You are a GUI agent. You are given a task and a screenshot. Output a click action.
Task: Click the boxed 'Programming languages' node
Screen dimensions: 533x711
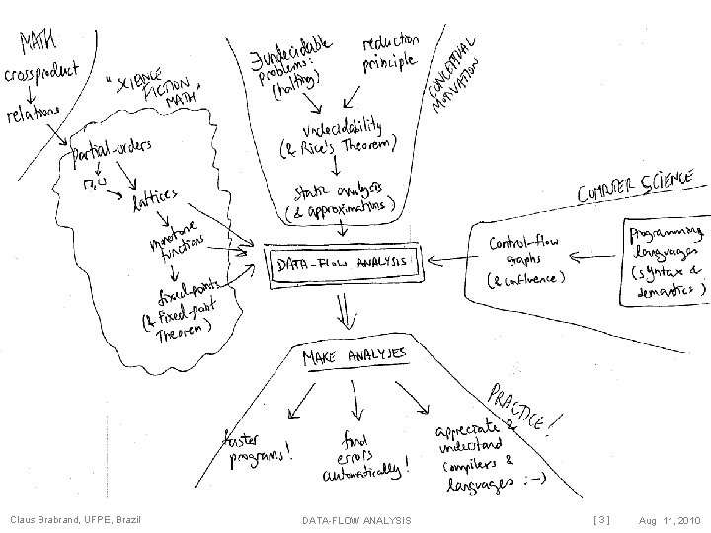[x=668, y=260]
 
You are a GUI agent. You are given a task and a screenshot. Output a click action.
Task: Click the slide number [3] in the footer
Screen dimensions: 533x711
[x=601, y=519]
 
